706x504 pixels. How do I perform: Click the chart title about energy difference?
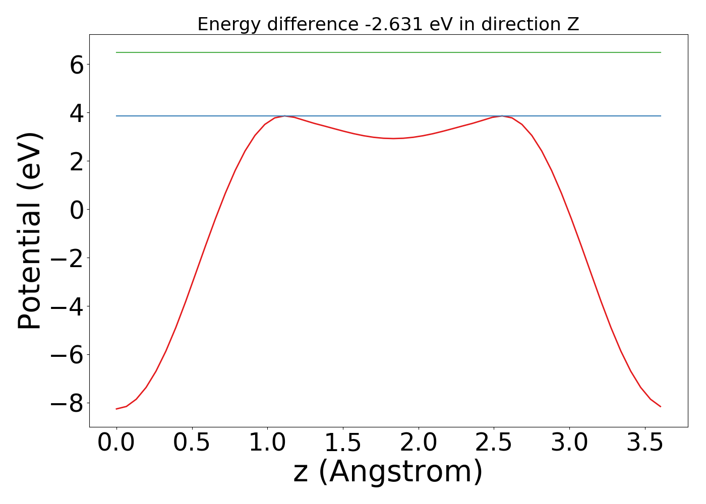coord(388,24)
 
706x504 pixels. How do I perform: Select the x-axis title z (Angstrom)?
coord(388,472)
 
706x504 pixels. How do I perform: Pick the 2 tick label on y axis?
coord(77,161)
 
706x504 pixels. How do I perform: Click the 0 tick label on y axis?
coord(77,210)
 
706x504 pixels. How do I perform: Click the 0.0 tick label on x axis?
coord(116,443)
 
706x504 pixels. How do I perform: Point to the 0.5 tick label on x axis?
coord(192,443)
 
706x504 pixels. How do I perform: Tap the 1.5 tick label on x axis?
coord(343,443)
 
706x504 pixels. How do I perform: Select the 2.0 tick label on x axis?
coord(419,443)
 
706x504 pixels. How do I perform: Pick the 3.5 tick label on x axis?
coord(645,443)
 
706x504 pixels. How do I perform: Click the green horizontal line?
coord(388,52)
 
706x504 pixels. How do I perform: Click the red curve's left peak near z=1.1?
coord(285,116)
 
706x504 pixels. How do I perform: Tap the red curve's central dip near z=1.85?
coord(394,138)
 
